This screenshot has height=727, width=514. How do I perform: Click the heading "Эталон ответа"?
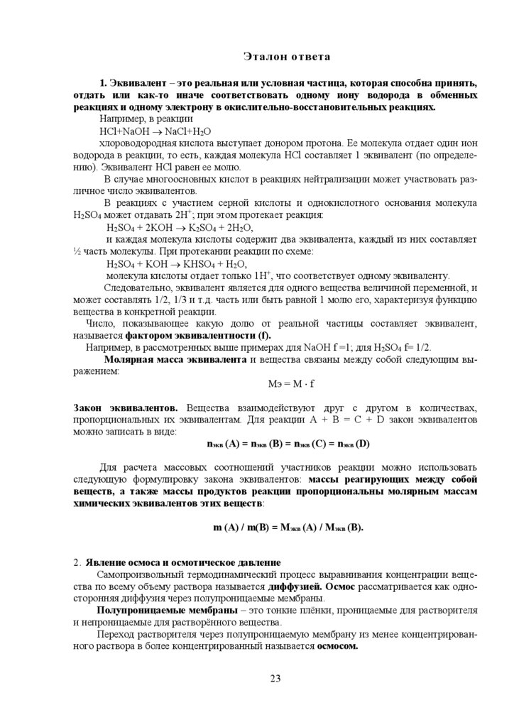[277, 55]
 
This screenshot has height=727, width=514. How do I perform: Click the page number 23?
[275, 678]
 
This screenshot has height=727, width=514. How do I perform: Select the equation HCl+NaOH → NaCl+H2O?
[155, 131]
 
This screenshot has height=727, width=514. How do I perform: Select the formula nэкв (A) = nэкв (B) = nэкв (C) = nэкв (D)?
[286, 444]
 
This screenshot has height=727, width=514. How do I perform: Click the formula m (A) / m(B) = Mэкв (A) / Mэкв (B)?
[288, 528]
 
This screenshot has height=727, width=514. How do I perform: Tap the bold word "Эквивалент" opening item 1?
[138, 83]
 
